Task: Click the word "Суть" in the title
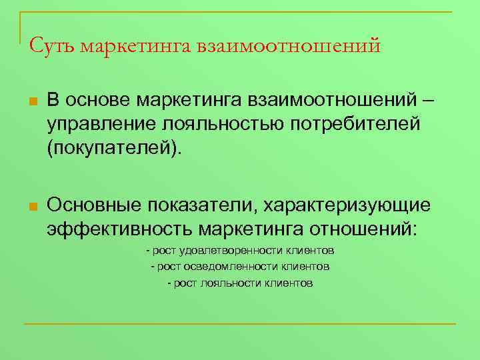[x=51, y=47]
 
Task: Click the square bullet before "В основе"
[x=31, y=103]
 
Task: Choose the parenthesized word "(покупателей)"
[x=113, y=147]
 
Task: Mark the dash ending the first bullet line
[x=427, y=101]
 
